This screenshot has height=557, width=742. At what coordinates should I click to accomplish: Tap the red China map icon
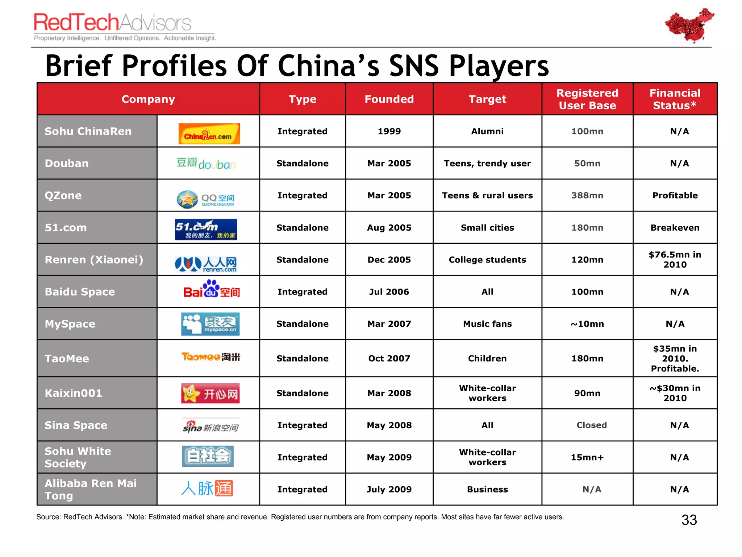[x=689, y=25]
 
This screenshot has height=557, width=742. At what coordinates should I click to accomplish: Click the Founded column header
[x=389, y=99]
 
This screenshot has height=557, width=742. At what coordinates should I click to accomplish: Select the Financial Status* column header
[x=675, y=99]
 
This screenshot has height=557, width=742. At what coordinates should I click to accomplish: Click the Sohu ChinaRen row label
[x=88, y=131]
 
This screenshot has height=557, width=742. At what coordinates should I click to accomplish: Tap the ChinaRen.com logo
[x=209, y=134]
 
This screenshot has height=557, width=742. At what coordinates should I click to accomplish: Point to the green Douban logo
[x=206, y=164]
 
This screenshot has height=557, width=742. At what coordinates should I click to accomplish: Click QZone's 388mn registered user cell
[x=587, y=195]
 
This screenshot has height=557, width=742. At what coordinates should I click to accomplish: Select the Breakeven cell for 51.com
[x=675, y=228]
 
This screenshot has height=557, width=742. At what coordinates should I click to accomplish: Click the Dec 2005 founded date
[x=389, y=260]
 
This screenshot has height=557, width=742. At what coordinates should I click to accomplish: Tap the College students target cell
[x=487, y=260]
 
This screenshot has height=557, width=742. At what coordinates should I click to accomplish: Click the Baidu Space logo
[x=211, y=289]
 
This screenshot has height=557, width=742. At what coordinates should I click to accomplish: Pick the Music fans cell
[x=487, y=324]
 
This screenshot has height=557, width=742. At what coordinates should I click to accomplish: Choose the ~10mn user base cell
[x=587, y=324]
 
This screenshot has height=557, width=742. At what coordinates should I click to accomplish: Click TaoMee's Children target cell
[x=487, y=358]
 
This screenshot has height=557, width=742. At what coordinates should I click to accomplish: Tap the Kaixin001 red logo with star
[x=210, y=393]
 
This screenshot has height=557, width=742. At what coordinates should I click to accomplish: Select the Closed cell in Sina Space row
[x=591, y=425]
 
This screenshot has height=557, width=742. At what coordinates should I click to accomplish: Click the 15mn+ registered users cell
[x=587, y=457]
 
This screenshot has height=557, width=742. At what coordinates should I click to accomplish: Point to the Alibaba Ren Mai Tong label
[x=91, y=489]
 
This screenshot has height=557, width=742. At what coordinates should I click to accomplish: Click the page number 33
[x=689, y=520]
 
